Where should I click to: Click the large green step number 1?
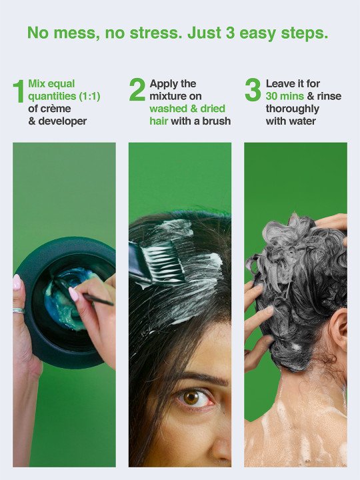[19, 91]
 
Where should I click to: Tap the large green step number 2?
[137, 89]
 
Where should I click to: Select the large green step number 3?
[253, 89]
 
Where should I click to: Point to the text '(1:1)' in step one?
[90, 96]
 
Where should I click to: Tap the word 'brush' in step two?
[217, 121]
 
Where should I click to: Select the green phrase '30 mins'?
[285, 96]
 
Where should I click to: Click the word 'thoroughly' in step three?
[293, 109]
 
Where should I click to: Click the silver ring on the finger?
[19, 311]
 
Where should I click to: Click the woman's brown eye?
[193, 398]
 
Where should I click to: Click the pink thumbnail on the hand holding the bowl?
[17, 282]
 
